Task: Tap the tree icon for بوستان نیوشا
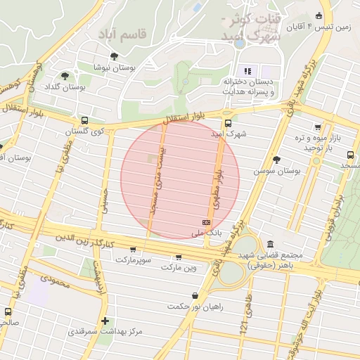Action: [114, 56]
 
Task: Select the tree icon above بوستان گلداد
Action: [65, 76]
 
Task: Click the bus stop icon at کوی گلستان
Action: [85, 120]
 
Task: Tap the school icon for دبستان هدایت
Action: [247, 71]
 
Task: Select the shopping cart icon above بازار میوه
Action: [319, 127]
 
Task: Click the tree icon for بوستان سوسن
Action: [276, 160]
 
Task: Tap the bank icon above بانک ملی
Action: [206, 221]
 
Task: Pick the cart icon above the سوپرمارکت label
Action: [134, 250]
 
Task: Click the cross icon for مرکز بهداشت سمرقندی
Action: [105, 321]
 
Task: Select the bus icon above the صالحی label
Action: [8, 311]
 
